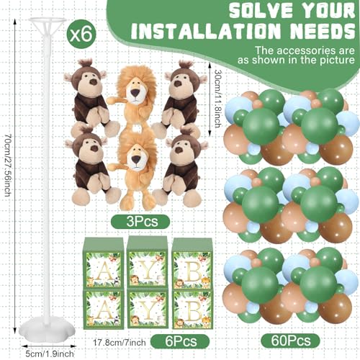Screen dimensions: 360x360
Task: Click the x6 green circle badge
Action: click(81, 35)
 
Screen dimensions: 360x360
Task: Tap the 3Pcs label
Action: click(140, 222)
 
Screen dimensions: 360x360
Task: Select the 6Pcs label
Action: click(180, 341)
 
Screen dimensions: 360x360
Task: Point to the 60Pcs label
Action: click(291, 341)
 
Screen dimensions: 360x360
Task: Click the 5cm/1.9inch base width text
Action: click(50, 354)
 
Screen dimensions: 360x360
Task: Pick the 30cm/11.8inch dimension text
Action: click(217, 99)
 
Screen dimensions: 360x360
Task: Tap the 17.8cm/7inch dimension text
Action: click(120, 342)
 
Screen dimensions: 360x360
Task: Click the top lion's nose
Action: click(135, 92)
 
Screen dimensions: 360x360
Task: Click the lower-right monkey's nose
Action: click(179, 150)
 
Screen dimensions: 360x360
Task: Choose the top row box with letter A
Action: click(103, 263)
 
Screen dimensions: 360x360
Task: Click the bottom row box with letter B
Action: click(193, 310)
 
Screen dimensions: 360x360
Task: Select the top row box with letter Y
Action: click(148, 262)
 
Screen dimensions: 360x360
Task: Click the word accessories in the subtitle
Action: click(308, 50)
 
